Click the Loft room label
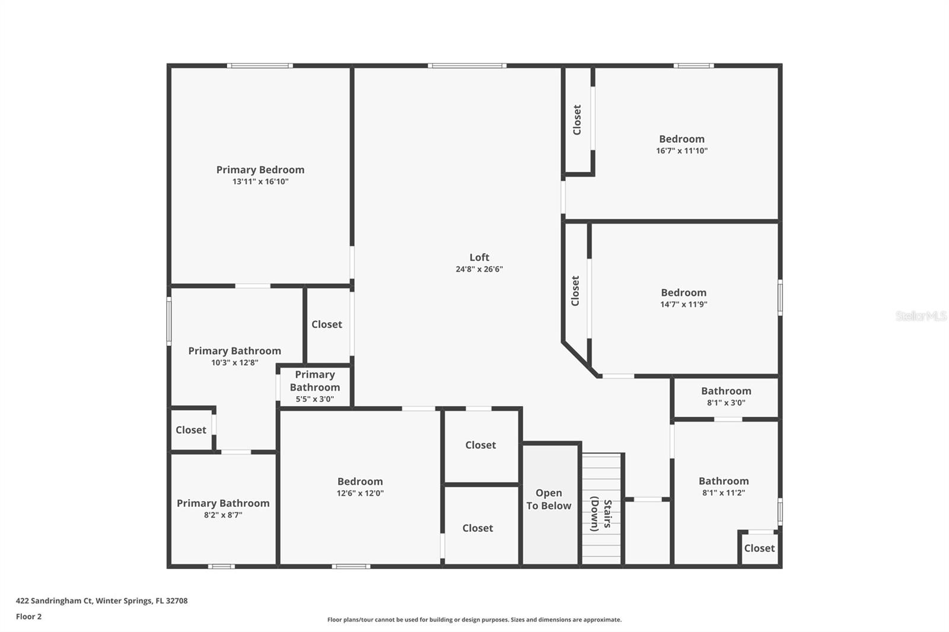coord(479,257)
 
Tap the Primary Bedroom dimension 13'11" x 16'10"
coord(260,181)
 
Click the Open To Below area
coord(549,499)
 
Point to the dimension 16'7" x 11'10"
coord(682,151)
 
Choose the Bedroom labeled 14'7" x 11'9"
coord(683,292)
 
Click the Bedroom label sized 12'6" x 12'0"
coord(360,481)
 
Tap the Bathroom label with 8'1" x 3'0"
coord(726,391)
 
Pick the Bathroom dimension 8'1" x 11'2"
coord(724,493)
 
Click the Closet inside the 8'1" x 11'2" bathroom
coord(759,548)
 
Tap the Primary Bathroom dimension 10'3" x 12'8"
coord(235,362)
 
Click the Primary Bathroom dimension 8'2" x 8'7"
coord(223,515)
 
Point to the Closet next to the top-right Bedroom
coord(577,120)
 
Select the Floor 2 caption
coord(28,617)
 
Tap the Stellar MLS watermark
coord(921,316)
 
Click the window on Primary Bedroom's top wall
coord(260,66)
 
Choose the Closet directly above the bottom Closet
coord(480,445)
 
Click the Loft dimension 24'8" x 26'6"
coord(479,269)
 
